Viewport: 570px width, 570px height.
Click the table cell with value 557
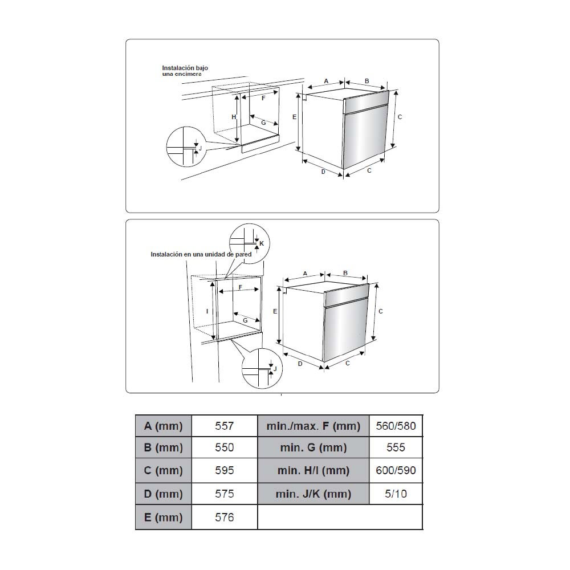224,426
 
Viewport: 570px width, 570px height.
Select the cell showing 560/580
396,426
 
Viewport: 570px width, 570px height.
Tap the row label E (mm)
163,517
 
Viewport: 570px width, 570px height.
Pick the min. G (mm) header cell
313,447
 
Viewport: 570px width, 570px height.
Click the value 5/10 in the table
396,494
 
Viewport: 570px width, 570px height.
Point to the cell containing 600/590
396,470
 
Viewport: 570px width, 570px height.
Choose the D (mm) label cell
163,494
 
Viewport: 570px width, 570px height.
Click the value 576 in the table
224,517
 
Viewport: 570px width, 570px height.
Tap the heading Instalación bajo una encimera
185,71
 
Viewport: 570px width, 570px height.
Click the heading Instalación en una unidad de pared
201,254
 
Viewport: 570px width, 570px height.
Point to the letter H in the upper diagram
234,117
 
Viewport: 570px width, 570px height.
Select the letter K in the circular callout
262,243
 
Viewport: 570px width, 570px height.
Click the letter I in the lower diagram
207,311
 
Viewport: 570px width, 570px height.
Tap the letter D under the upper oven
323,172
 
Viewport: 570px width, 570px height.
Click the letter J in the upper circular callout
200,148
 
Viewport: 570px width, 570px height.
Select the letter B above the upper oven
367,81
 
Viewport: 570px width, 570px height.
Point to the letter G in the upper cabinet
263,123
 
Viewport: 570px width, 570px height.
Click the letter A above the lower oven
305,274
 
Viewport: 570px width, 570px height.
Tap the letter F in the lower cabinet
241,287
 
